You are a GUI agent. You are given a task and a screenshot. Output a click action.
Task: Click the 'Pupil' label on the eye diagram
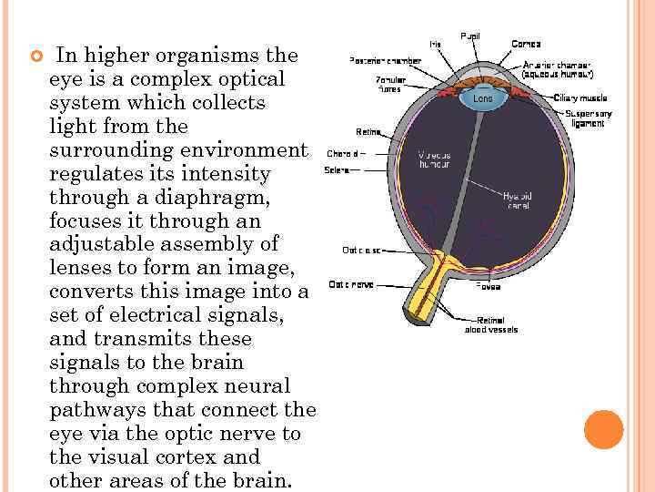coord(470,36)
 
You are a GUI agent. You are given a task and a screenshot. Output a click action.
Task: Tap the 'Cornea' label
coord(526,43)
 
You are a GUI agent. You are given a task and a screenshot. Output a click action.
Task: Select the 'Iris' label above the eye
coord(436,44)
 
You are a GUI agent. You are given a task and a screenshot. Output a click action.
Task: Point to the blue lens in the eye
coord(483,97)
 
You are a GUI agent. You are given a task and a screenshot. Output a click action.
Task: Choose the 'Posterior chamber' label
coord(386,60)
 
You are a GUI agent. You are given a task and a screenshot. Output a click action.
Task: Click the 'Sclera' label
coord(338,169)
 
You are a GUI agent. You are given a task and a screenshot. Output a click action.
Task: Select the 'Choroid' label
coord(341,152)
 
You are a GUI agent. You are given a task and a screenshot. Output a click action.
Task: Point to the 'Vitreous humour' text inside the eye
coord(434,159)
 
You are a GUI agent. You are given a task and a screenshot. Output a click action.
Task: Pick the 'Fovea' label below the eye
coord(488,285)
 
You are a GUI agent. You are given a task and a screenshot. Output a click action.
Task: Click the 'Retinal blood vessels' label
coord(491,324)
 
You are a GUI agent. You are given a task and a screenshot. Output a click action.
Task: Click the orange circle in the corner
coord(604,430)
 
